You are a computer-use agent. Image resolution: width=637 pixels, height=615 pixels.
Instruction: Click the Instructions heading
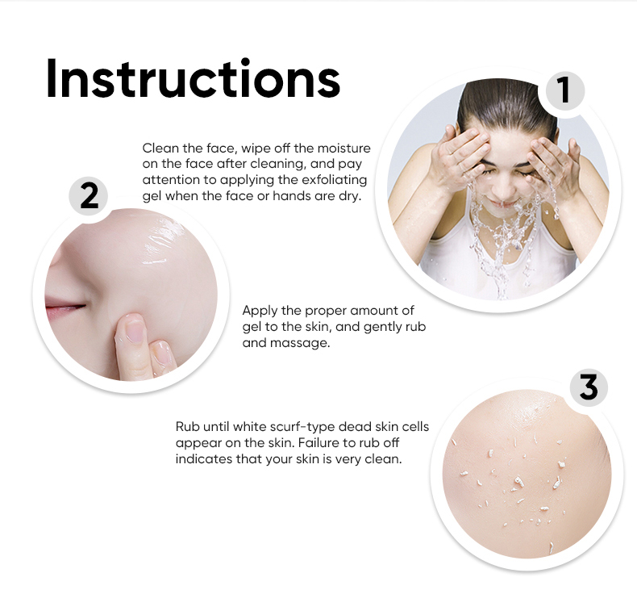[x=193, y=77]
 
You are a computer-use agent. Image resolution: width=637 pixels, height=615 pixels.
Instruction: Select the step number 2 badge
[x=89, y=196]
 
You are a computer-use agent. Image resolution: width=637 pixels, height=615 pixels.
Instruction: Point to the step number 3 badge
[x=589, y=387]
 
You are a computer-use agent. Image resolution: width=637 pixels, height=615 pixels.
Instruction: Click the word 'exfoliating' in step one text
[x=334, y=180]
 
